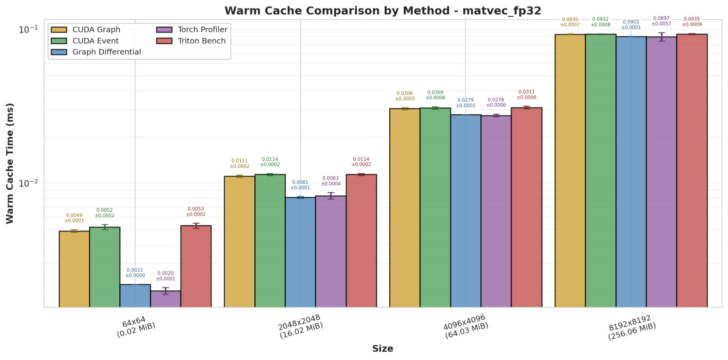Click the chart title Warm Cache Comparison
382,11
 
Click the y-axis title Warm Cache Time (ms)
10,163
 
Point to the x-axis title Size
382,349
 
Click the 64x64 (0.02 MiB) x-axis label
135,326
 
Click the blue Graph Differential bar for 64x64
135,296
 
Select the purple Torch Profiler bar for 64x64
166,299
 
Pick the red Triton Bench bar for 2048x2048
361,240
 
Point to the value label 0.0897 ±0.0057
661,21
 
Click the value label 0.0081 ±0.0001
300,185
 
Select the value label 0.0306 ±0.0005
405,96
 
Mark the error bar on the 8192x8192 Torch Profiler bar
661,37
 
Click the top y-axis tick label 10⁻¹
28,29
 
